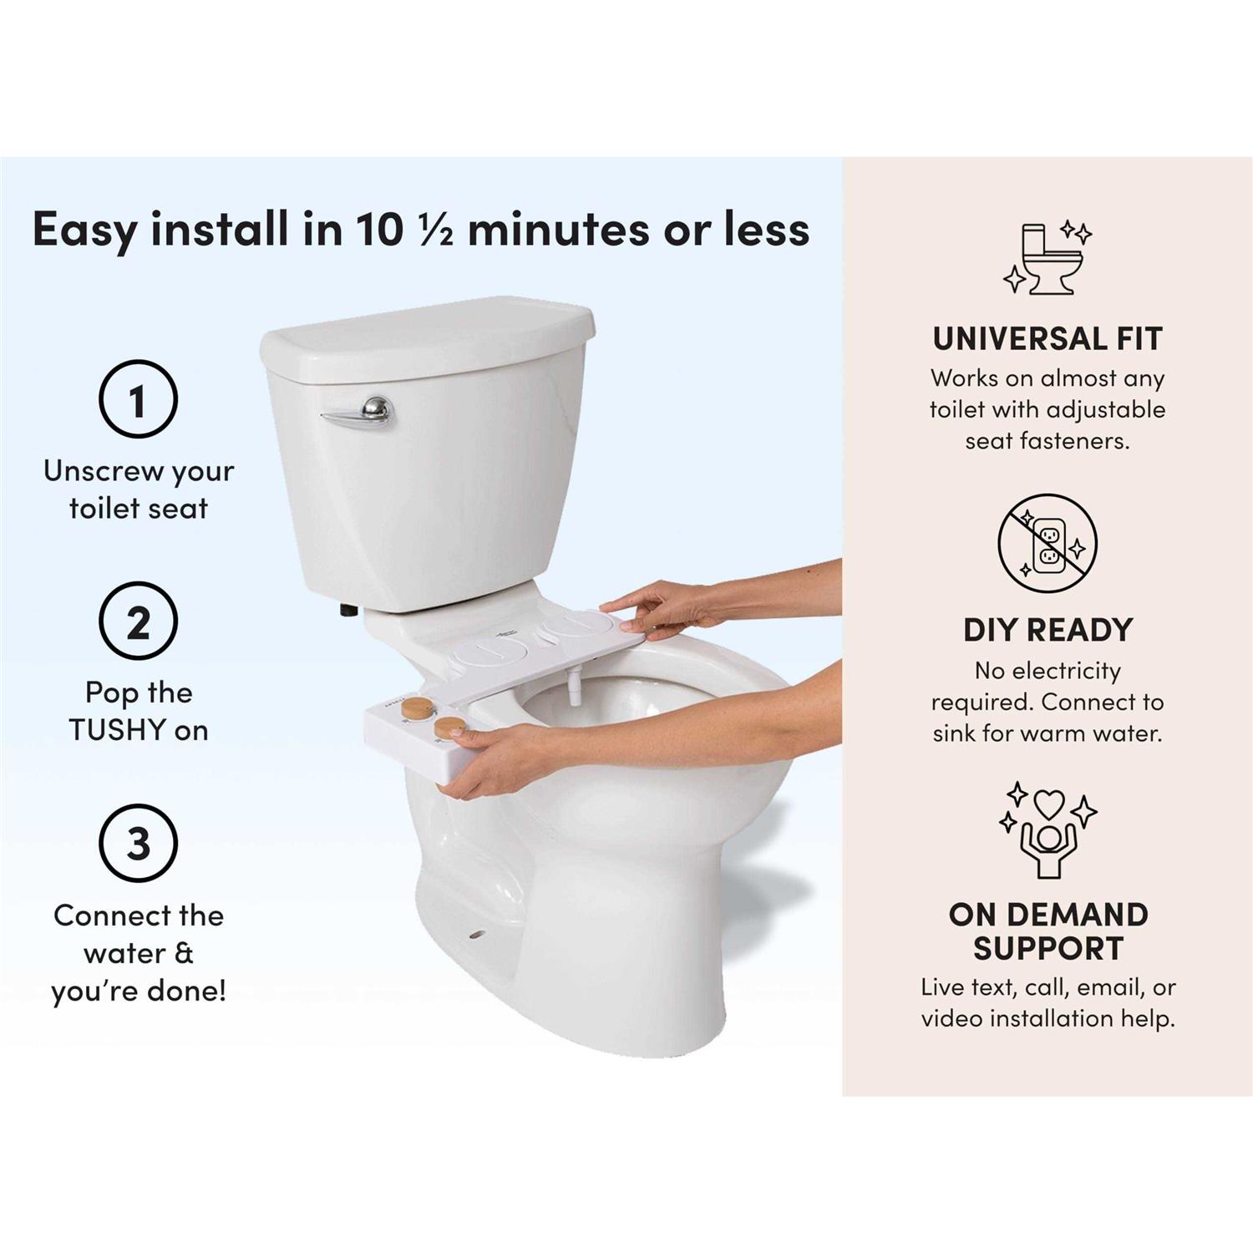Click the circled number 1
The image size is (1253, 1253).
tap(138, 398)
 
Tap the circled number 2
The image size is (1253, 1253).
tap(138, 621)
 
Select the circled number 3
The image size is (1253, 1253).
tap(138, 843)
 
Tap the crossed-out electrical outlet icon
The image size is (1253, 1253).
tap(1048, 543)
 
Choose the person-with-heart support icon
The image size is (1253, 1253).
tap(1048, 829)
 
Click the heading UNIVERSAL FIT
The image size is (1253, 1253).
tap(1048, 338)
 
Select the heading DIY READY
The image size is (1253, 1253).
tap(1048, 630)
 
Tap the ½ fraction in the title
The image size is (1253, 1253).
tap(435, 231)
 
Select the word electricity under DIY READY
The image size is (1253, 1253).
tap(1065, 671)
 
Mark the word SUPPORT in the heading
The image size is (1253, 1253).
tap(1048, 949)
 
